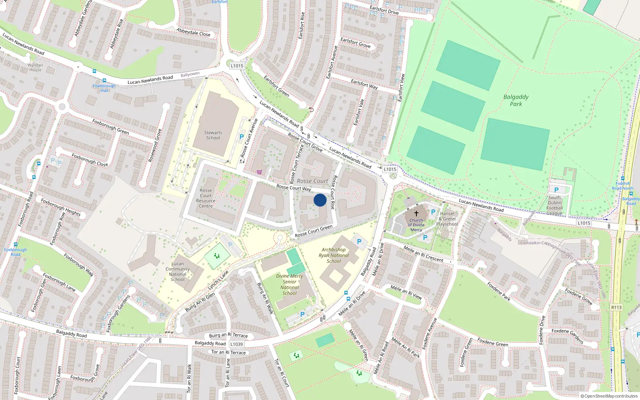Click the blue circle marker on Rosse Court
tap(320, 200)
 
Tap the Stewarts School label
tap(213, 135)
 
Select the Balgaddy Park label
tap(516, 100)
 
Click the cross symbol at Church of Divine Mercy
tap(416, 214)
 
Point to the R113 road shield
tap(616, 307)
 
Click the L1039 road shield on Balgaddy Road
tap(236, 344)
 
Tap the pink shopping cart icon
tap(259, 172)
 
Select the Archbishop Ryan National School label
tap(334, 255)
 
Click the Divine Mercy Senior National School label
tap(289, 284)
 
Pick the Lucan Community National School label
tap(178, 272)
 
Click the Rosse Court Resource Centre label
tap(206, 198)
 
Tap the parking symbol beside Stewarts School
tap(241, 137)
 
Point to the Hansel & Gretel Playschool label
tap(447, 219)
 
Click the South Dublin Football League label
tap(554, 205)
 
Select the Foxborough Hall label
tap(104, 88)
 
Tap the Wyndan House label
tap(35, 67)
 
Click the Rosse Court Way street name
tap(294, 188)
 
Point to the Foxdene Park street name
tap(499, 291)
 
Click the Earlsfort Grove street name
tap(355, 43)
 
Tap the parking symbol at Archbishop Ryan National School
tap(359, 242)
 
